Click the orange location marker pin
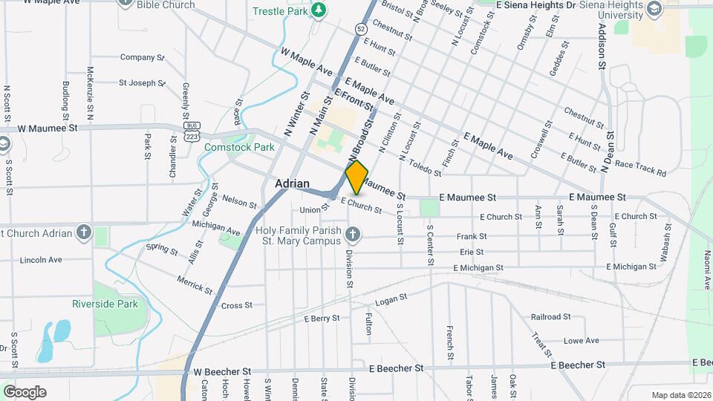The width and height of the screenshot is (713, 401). (356, 177)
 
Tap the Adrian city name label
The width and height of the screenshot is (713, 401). (292, 183)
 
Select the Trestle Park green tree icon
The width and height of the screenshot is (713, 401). (319, 10)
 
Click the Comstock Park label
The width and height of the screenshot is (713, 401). (239, 147)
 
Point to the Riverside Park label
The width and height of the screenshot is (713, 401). (105, 304)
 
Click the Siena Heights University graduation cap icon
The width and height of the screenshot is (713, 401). (654, 9)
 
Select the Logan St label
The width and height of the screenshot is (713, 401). (391, 299)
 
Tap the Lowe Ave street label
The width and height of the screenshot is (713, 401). (581, 341)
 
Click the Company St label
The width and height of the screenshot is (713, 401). (141, 57)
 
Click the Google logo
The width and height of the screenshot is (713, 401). (25, 392)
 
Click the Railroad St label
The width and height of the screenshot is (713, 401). (550, 316)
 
